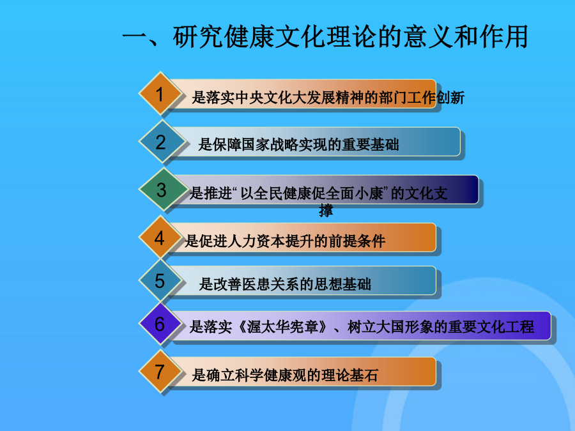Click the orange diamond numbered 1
pos(160,93)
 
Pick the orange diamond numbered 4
pos(160,237)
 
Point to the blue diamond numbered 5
pos(160,280)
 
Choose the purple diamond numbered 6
pos(160,324)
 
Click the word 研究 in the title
pos(197,36)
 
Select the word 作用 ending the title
pos(503,36)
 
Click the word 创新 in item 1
pos(450,98)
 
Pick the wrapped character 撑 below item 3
pos(326,210)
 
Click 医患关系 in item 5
pos(271,284)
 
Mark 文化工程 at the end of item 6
pos(506,327)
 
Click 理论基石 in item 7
pos(349,375)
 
